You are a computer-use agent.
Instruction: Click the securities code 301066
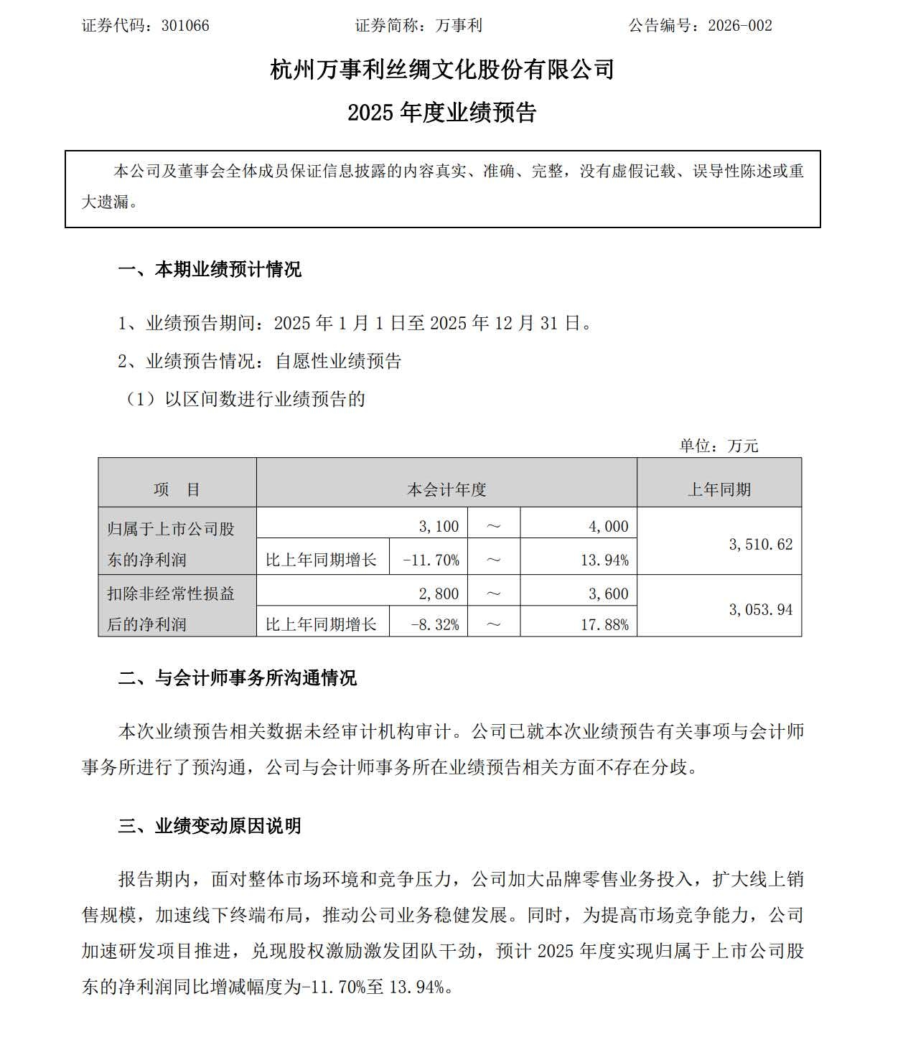(185, 26)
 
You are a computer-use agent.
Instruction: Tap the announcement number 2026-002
(739, 26)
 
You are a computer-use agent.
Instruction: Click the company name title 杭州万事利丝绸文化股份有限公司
(442, 70)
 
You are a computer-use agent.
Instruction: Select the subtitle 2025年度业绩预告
(442, 113)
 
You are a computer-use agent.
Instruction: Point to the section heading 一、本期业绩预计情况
(210, 270)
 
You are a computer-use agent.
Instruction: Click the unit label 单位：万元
(719, 446)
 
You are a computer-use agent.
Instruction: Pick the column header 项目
(177, 489)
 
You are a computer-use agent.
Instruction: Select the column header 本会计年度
(446, 489)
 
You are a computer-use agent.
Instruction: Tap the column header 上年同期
(719, 489)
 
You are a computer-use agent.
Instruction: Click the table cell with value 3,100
(439, 526)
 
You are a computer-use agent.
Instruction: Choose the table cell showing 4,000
(608, 526)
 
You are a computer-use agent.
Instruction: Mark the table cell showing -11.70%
(431, 560)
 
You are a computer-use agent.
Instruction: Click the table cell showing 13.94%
(604, 560)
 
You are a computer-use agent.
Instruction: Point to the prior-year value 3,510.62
(760, 544)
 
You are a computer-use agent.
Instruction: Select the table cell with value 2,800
(439, 593)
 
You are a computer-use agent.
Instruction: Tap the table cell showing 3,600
(608, 593)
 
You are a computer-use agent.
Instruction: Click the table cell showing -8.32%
(434, 624)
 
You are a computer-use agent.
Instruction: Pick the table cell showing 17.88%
(604, 624)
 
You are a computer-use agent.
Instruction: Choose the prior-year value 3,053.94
(760, 609)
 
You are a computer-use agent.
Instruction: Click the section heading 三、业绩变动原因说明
(210, 826)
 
